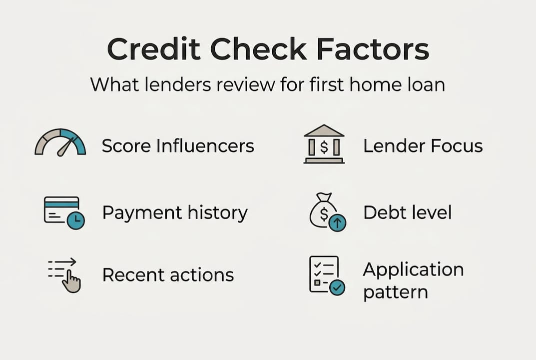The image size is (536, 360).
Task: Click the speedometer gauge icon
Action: (60, 142)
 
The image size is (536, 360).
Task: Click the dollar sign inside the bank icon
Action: (324, 147)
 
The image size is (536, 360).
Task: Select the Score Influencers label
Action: (178, 146)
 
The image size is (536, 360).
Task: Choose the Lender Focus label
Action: (423, 146)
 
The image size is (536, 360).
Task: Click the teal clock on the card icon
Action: (76, 220)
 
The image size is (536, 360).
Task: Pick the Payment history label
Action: (175, 213)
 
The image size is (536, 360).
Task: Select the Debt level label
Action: (407, 212)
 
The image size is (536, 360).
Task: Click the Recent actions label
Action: (168, 274)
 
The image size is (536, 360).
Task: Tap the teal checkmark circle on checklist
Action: (337, 287)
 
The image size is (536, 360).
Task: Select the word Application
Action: (413, 270)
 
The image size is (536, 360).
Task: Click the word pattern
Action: (395, 292)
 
